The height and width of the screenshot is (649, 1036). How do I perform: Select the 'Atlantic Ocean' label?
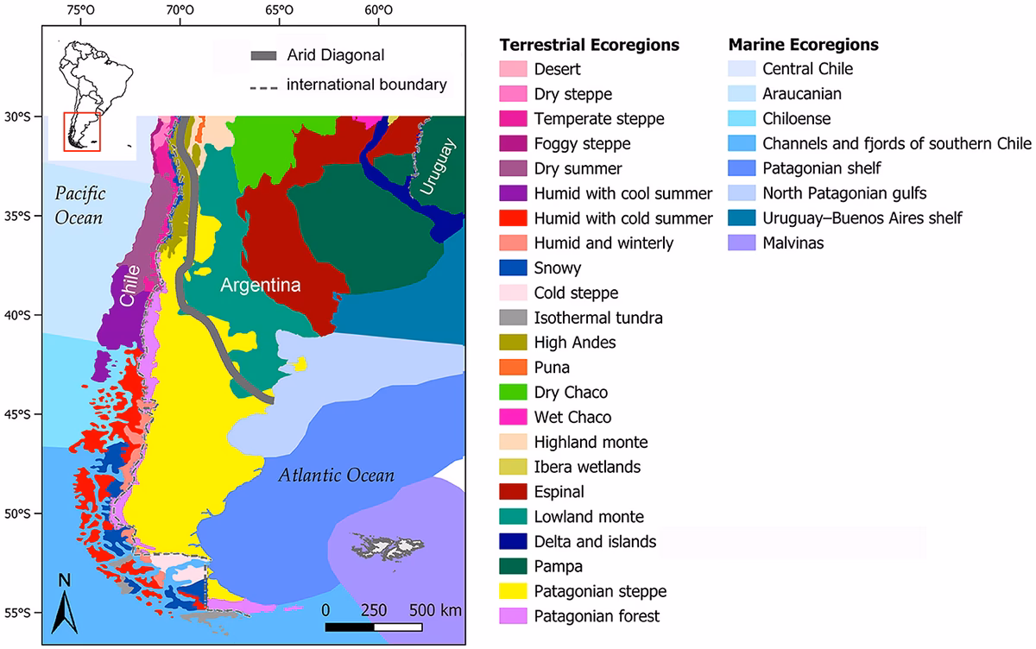(x=337, y=476)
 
